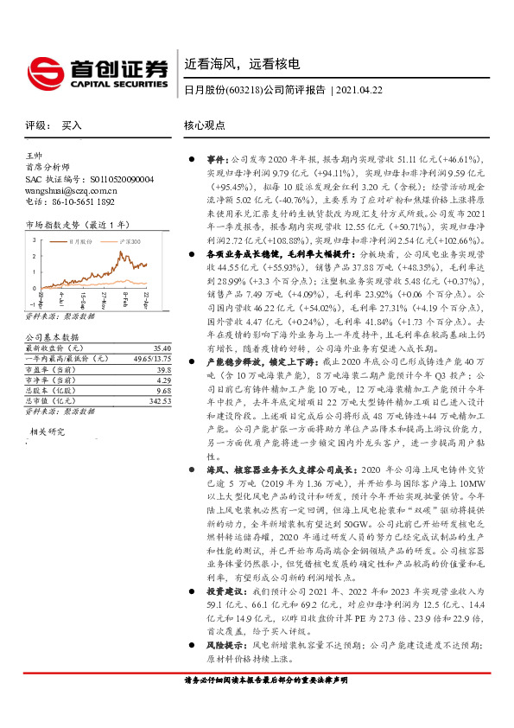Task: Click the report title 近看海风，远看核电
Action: pyautogui.click(x=242, y=63)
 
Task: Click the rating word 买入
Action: pyautogui.click(x=71, y=125)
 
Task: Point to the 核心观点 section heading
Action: pyautogui.click(x=205, y=125)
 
